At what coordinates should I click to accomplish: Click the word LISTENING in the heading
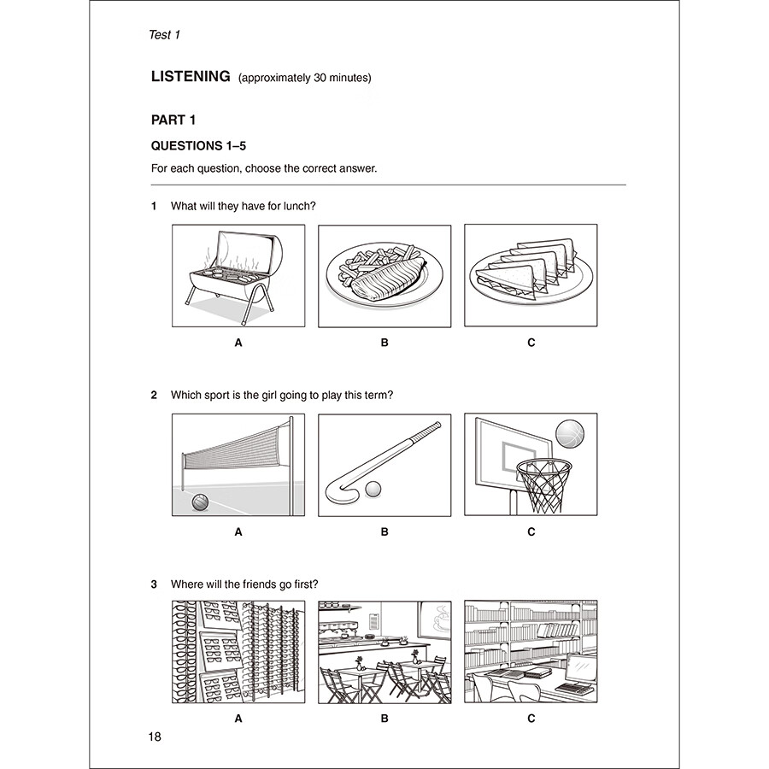[191, 77]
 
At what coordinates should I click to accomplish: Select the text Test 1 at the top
[165, 35]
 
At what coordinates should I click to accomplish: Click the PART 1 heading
[173, 120]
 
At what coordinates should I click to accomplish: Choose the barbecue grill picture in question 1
[238, 275]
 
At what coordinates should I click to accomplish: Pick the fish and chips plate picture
[384, 275]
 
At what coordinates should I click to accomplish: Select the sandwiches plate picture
[531, 275]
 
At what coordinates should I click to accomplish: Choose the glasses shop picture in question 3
[238, 652]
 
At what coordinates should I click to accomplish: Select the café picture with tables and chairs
[384, 652]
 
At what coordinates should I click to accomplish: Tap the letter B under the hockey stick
[384, 531]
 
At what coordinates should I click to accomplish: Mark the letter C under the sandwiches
[531, 343]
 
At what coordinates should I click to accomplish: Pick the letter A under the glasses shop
[238, 719]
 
